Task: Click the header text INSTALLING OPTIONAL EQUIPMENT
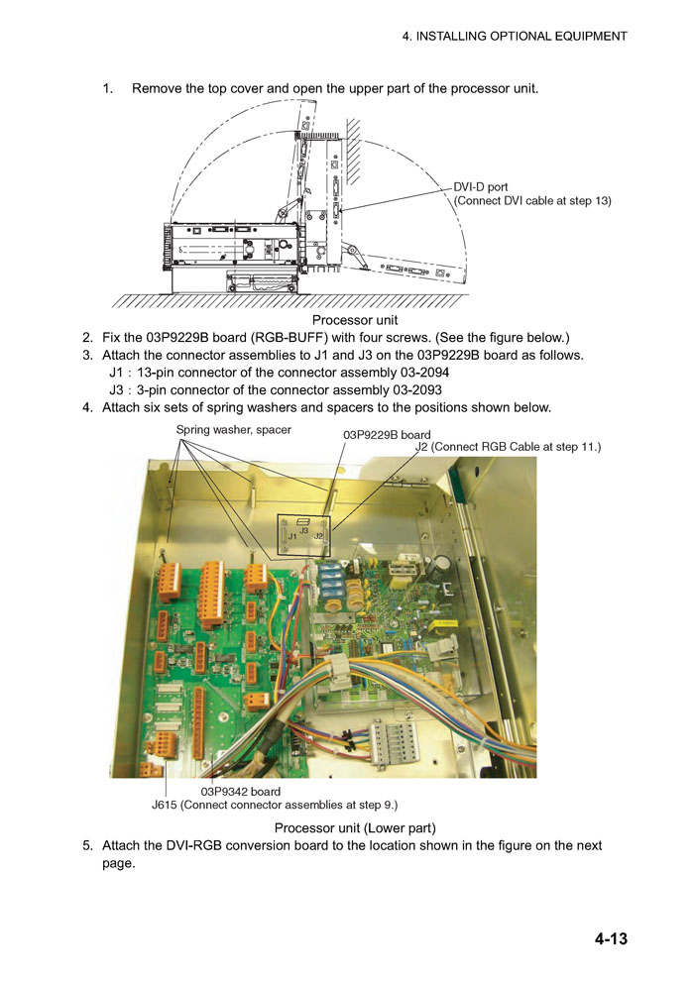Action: (x=514, y=36)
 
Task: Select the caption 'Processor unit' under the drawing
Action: (x=355, y=320)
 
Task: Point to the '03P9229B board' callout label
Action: (x=387, y=434)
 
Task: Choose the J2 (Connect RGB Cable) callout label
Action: (x=508, y=448)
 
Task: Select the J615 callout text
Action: (x=275, y=805)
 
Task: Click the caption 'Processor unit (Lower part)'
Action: (x=355, y=827)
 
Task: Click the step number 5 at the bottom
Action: (x=87, y=845)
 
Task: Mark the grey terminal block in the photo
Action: (x=390, y=739)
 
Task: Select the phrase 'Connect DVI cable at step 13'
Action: (x=533, y=200)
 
